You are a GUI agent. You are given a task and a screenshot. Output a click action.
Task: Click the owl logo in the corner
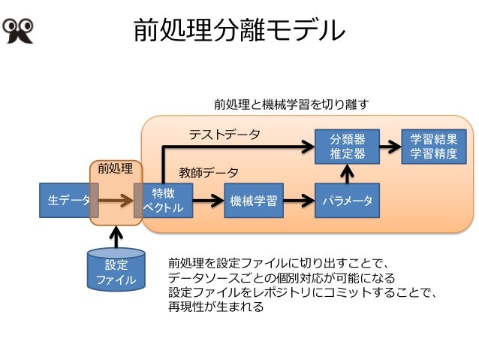[x=18, y=31]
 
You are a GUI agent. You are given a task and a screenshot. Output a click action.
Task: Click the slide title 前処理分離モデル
[x=239, y=30]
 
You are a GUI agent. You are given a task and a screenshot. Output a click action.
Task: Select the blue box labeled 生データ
[x=65, y=201]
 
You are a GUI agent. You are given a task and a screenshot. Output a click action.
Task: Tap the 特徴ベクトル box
[x=167, y=201]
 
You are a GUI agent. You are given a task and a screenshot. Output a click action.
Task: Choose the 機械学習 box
[x=254, y=201]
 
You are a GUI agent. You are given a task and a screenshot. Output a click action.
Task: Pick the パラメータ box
[x=347, y=201]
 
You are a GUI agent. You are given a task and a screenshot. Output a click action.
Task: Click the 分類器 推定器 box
[x=347, y=147]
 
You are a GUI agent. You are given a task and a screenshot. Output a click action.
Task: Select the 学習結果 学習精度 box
[x=434, y=147]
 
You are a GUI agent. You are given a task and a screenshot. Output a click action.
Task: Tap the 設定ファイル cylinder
[x=116, y=269]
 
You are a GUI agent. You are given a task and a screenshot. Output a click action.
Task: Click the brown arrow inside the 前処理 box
[x=116, y=201]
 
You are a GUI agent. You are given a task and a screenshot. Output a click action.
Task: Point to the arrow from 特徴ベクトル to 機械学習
[x=208, y=201]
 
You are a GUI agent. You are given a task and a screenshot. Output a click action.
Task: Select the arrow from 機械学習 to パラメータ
[x=299, y=201]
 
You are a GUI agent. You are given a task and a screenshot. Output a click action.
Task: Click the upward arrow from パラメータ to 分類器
[x=347, y=174]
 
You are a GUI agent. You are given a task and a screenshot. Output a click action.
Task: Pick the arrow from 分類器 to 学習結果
[x=390, y=147]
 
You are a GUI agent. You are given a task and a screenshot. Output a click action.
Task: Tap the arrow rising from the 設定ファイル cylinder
[x=116, y=237]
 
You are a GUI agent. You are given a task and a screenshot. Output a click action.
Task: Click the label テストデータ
[x=224, y=135]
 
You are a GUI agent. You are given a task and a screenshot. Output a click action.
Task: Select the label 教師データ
[x=208, y=173]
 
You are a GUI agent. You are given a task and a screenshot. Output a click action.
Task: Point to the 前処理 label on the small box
[x=116, y=168]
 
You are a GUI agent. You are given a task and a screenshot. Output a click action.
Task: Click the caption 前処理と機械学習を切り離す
[x=291, y=104]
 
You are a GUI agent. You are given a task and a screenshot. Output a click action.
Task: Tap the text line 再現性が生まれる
[x=215, y=307]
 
